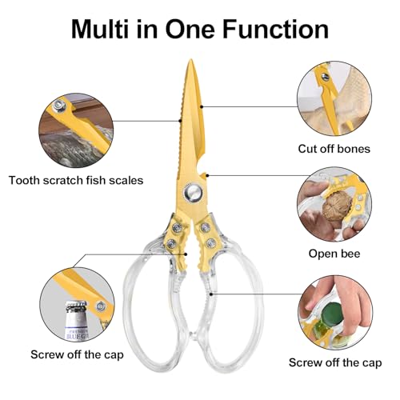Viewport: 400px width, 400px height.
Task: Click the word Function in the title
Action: click(x=275, y=29)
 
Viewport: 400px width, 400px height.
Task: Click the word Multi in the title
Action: click(x=100, y=29)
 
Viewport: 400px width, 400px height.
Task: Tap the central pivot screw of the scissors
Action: click(x=192, y=192)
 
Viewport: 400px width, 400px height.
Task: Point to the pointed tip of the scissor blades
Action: click(x=190, y=60)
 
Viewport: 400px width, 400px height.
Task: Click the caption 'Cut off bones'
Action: click(x=334, y=149)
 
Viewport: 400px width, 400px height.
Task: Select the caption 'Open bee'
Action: click(x=334, y=254)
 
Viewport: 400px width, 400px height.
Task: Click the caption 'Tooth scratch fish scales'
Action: click(x=76, y=181)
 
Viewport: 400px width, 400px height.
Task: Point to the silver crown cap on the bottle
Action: click(x=77, y=306)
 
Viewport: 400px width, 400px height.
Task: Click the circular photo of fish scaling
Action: click(x=76, y=130)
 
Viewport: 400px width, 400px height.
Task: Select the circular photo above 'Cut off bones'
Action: click(x=334, y=98)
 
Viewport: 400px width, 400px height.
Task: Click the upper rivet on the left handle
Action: click(x=177, y=227)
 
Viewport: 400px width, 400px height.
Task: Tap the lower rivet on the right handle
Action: click(x=211, y=243)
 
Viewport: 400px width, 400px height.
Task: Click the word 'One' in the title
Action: click(x=190, y=29)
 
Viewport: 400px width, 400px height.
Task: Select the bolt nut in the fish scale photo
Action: click(x=59, y=106)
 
